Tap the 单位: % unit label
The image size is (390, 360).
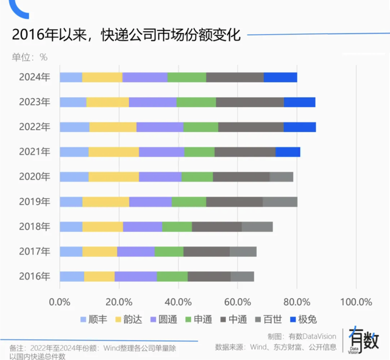pyautogui.click(x=29, y=57)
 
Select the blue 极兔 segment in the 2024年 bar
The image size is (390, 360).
pyautogui.click(x=280, y=77)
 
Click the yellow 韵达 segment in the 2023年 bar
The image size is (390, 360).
pyautogui.click(x=107, y=102)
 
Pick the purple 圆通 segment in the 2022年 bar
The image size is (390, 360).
pyautogui.click(x=160, y=127)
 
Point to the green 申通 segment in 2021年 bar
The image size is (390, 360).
pyautogui.click(x=199, y=152)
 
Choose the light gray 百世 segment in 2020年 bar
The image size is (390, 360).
pyautogui.click(x=282, y=177)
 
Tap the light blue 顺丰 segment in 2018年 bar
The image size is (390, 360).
pyautogui.click(x=71, y=227)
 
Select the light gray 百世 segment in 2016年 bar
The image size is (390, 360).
pyautogui.click(x=242, y=276)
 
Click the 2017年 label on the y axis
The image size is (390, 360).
pyautogui.click(x=34, y=251)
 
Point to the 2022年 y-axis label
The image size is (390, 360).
pyautogui.click(x=34, y=127)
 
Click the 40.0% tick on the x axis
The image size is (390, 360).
pyautogui.click(x=179, y=302)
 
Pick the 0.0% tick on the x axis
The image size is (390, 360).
pyautogui.click(x=60, y=302)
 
